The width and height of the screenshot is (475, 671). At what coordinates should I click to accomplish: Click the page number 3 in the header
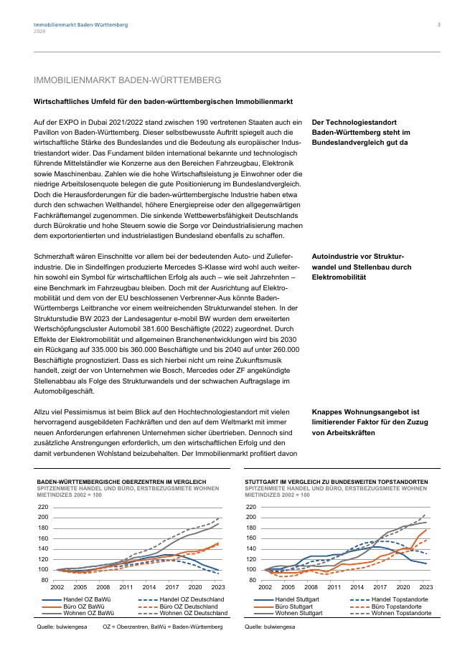(439, 24)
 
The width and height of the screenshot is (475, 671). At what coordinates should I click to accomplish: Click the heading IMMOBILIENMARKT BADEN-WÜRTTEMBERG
(127, 80)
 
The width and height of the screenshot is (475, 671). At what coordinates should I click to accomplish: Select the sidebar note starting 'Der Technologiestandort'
(361, 133)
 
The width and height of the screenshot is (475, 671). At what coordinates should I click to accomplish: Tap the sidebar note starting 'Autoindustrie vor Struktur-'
(362, 266)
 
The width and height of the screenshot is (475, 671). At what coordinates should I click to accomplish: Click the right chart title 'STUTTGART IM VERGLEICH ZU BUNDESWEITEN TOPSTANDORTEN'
(337, 482)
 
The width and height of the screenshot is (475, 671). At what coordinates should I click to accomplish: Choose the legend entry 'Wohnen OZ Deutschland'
(193, 614)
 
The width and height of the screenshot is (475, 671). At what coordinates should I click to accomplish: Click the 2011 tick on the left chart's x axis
(126, 587)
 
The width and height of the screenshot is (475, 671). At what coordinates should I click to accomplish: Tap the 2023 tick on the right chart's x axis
(425, 587)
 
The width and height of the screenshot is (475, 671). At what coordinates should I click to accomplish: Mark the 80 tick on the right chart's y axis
(253, 580)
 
